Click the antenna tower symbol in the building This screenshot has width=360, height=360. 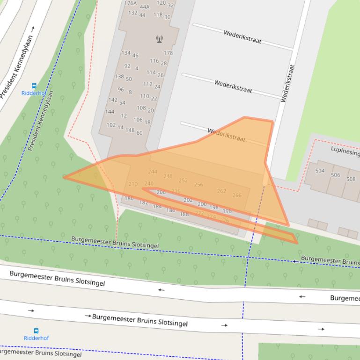(x=159, y=39)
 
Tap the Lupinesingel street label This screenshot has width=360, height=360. (x=345, y=151)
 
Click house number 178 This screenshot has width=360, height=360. (x=168, y=53)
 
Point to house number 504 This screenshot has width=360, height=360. (x=320, y=171)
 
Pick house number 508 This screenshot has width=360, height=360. (x=351, y=179)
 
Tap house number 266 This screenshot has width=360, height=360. (x=237, y=195)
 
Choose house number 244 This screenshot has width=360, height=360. (x=153, y=172)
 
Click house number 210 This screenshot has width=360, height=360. (x=133, y=184)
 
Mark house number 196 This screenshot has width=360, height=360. (x=227, y=211)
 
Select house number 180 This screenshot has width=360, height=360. (x=129, y=199)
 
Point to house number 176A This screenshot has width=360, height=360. (x=131, y=3)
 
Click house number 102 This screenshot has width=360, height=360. (x=111, y=125)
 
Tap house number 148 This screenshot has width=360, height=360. (x=130, y=130)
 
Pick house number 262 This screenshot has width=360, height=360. (x=221, y=191)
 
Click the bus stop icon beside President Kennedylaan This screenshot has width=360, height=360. (x=34, y=86)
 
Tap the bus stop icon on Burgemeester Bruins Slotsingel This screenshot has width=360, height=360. (x=36, y=331)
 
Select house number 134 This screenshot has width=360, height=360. (x=126, y=53)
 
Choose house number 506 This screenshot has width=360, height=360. (x=336, y=175)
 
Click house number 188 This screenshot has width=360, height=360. (x=184, y=214)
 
